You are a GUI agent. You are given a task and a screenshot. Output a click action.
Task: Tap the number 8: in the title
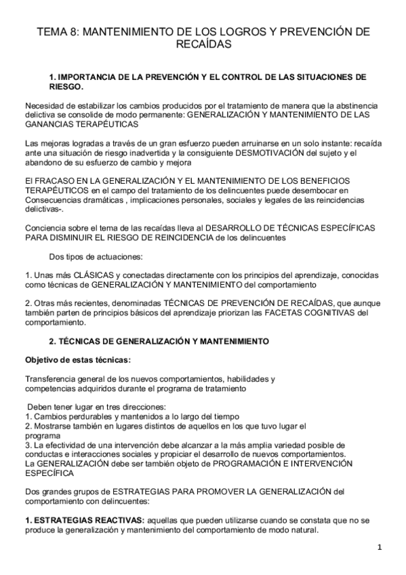click(x=75, y=32)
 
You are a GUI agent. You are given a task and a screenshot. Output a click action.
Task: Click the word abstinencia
click(x=352, y=106)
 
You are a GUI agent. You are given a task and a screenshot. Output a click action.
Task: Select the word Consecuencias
click(x=54, y=200)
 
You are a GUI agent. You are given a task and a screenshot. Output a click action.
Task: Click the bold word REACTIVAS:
click(x=119, y=519)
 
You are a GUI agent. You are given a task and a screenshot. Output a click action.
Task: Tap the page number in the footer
click(x=380, y=547)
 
